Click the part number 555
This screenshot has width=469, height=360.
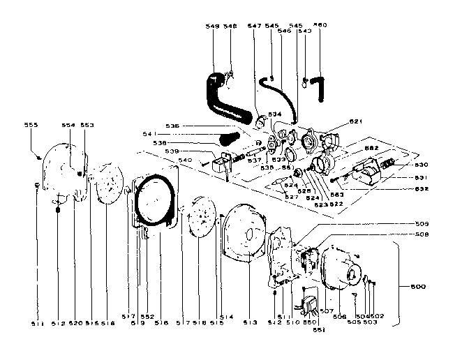tap(31, 125)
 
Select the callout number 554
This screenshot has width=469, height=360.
tap(68, 125)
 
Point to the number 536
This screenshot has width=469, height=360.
tap(172, 126)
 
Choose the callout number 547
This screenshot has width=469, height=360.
tap(255, 26)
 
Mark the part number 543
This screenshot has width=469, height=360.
tap(304, 31)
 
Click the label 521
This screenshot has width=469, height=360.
tap(357, 121)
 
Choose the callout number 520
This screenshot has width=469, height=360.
tap(77, 324)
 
